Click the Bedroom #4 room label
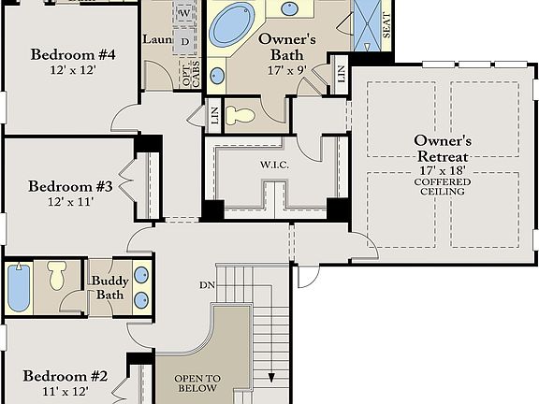(x=72, y=54)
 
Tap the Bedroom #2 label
(x=66, y=376)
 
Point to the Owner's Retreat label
(x=442, y=148)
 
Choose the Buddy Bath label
(x=109, y=288)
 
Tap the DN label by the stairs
(x=207, y=283)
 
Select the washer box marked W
(x=184, y=13)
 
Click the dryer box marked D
(x=184, y=41)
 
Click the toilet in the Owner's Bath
(x=242, y=115)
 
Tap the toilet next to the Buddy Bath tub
(x=57, y=275)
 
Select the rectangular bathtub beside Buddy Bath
(x=19, y=288)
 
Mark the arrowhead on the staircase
(x=271, y=379)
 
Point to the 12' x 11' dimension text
(x=70, y=201)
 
